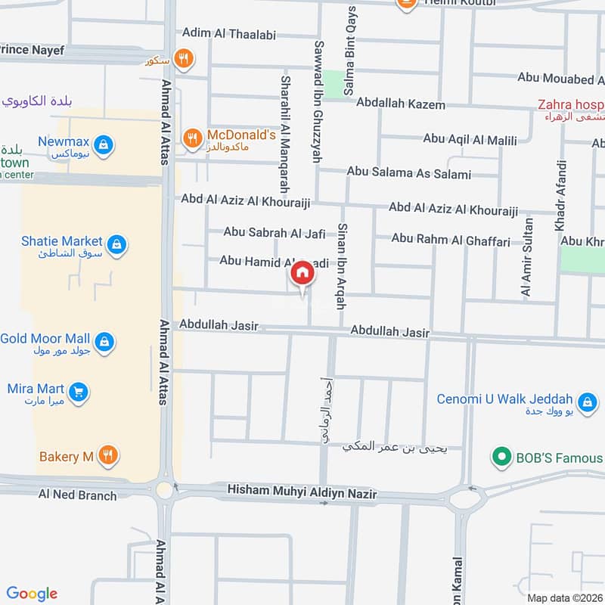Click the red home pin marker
[x=302, y=274]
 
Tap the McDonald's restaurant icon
[x=193, y=137]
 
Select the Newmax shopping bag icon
[x=104, y=142]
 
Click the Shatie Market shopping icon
[x=116, y=244]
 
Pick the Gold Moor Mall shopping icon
[x=104, y=341]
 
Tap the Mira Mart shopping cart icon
[x=78, y=391]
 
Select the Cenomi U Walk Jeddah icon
[x=585, y=402]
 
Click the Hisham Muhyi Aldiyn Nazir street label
[x=302, y=494]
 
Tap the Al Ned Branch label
[x=78, y=495]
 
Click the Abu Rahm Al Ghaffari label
[x=451, y=239]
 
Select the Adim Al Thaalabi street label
[x=229, y=34]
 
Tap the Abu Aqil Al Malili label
[x=470, y=139]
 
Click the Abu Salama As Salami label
[x=408, y=173]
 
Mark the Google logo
[x=32, y=594]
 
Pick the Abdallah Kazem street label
[x=401, y=104]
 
